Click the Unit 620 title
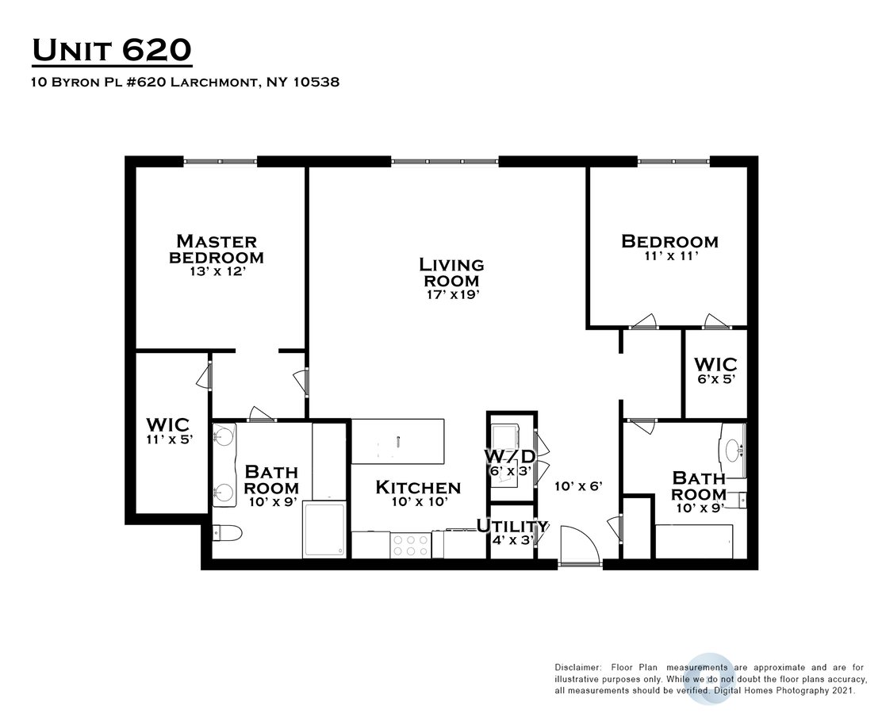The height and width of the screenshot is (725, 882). coord(112,50)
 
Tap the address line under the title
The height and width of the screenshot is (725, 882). coord(185,82)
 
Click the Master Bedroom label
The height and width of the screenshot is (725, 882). coord(217,249)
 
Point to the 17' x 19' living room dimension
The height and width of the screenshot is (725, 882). coord(452,294)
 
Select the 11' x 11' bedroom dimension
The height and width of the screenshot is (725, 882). coord(671,256)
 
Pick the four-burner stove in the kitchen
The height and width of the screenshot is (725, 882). coord(410,545)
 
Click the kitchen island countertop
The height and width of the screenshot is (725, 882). coord(397,442)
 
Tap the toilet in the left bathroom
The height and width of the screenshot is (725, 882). coord(227,532)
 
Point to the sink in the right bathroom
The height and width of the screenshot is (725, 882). coord(734,450)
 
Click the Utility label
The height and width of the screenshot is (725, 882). coord(512,527)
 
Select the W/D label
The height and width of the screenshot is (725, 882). coord(510,455)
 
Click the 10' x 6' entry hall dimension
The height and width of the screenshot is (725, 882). coord(578,486)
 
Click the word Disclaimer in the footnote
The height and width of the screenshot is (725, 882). coord(578,668)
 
